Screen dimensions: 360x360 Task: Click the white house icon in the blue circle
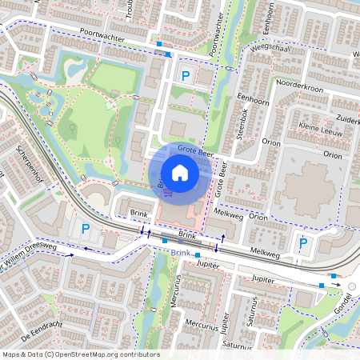point(180,173)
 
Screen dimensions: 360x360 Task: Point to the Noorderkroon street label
point(297,83)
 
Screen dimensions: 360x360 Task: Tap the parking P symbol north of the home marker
point(186,77)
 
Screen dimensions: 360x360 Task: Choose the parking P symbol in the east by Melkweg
point(302,243)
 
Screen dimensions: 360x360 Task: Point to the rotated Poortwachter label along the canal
point(215,35)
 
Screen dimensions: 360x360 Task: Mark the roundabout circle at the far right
point(350,286)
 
